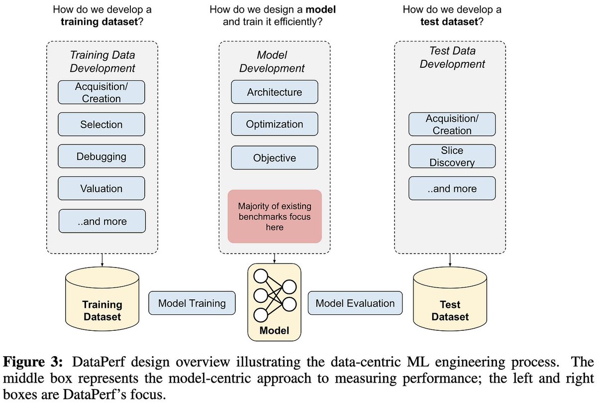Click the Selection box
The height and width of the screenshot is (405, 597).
(x=101, y=124)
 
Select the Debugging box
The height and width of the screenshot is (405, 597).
(x=101, y=156)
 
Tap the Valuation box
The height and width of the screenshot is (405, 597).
(x=101, y=188)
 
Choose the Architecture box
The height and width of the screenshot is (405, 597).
(x=275, y=92)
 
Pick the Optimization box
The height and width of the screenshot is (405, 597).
(x=275, y=124)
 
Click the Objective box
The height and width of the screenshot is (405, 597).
(x=275, y=158)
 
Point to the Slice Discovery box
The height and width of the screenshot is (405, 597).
(x=452, y=156)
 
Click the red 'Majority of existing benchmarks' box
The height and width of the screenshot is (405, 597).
(x=275, y=216)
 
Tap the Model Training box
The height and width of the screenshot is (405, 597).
(x=192, y=303)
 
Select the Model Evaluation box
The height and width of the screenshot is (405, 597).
(x=355, y=303)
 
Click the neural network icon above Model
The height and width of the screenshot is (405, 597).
(x=275, y=295)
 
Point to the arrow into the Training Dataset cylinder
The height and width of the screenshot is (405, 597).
(x=102, y=260)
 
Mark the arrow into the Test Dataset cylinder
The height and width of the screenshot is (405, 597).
(x=450, y=260)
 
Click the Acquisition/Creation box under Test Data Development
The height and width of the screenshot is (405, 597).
(x=452, y=124)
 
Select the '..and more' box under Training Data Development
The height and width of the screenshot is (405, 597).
(x=102, y=221)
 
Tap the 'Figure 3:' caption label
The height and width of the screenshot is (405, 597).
(x=33, y=362)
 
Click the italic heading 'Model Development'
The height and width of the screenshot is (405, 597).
(x=272, y=62)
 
